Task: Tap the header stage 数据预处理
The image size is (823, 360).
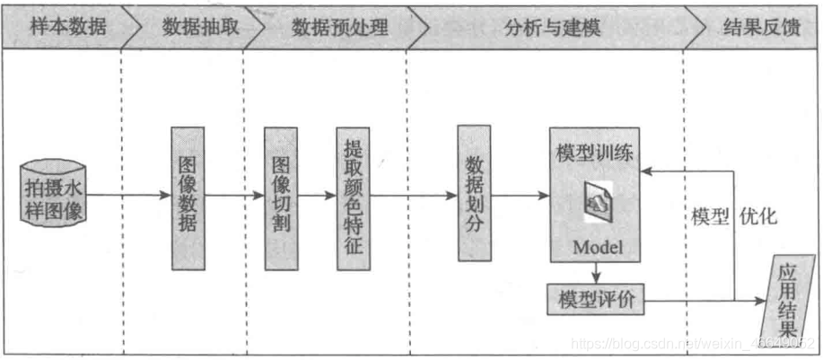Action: [339, 25]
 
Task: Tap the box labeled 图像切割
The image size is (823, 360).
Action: [281, 198]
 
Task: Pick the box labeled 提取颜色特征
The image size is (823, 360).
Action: [353, 198]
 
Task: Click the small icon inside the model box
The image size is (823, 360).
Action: [596, 200]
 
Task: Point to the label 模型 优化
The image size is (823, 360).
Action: [733, 217]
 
